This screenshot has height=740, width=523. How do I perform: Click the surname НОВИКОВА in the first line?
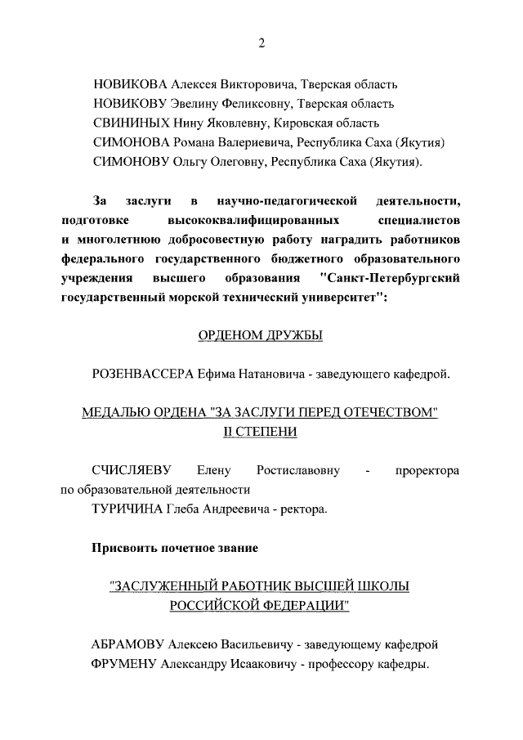[x=129, y=84]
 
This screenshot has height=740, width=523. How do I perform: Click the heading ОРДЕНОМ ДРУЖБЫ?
[x=261, y=336]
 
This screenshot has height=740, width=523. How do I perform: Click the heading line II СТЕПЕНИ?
[x=261, y=432]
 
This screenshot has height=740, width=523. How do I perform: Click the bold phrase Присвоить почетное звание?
[x=176, y=548]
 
